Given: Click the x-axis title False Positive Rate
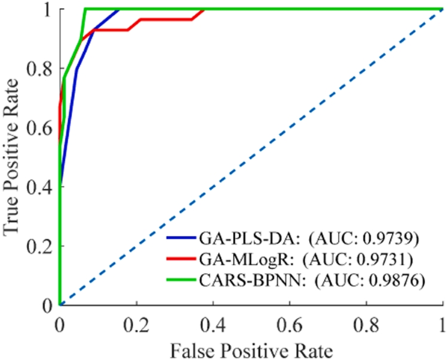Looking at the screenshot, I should click(x=250, y=349).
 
